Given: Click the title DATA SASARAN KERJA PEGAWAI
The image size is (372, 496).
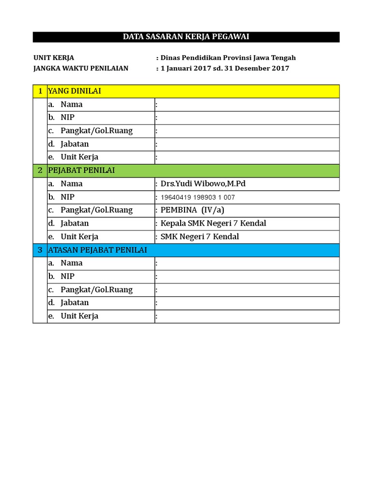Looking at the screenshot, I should (x=186, y=37).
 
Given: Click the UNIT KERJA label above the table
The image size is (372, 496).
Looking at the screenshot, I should (x=54, y=58).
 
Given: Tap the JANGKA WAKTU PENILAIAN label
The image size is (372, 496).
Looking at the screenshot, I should (x=81, y=68).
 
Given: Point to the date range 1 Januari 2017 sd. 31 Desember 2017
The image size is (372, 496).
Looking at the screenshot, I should (x=225, y=68).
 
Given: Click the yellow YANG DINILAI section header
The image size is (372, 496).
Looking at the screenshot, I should (x=75, y=91).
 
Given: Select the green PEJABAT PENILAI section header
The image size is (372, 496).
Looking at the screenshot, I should (x=81, y=170).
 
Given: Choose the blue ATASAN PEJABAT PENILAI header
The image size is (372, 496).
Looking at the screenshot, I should (x=97, y=250).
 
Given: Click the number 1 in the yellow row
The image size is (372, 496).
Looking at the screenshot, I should (x=40, y=91).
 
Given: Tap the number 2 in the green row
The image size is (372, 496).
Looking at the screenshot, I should (x=40, y=170).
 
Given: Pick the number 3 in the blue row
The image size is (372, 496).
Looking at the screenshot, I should (x=40, y=250).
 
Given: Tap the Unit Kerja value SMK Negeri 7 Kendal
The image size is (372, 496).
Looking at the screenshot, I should (x=200, y=237).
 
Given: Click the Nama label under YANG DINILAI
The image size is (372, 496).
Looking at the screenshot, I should (x=71, y=104).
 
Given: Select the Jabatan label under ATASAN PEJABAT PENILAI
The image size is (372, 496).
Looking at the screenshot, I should (x=75, y=303).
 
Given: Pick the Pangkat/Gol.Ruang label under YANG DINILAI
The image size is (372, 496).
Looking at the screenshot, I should (x=96, y=131).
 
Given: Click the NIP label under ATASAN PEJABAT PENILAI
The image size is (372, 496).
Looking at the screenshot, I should (x=67, y=277).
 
